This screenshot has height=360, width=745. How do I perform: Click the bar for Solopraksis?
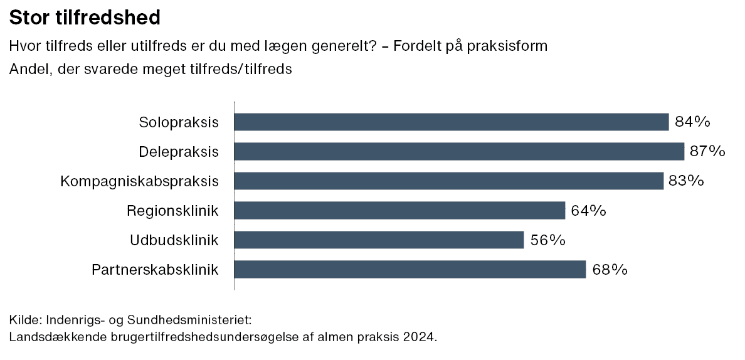452,122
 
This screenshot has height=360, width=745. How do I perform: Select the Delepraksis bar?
459,151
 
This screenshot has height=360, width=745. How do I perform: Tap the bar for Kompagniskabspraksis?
449,181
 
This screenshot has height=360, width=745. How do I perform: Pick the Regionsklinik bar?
399,210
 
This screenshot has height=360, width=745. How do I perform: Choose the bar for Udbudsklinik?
379,240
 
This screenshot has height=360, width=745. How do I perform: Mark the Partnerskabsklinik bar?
410,270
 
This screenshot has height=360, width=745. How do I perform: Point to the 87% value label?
708,151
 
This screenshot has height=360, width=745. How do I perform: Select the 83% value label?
687,181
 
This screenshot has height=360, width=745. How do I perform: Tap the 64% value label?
589,210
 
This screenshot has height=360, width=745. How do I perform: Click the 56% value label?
547,240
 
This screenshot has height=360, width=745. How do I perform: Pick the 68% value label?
610,270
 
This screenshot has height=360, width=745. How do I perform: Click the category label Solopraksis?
179,122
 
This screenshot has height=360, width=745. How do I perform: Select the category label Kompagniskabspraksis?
139,181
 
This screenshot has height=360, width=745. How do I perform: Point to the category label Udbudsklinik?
174,240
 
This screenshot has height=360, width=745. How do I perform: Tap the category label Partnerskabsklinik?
155,270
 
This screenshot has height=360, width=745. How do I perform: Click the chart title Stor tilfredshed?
85,18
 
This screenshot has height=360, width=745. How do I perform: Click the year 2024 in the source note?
418,337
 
